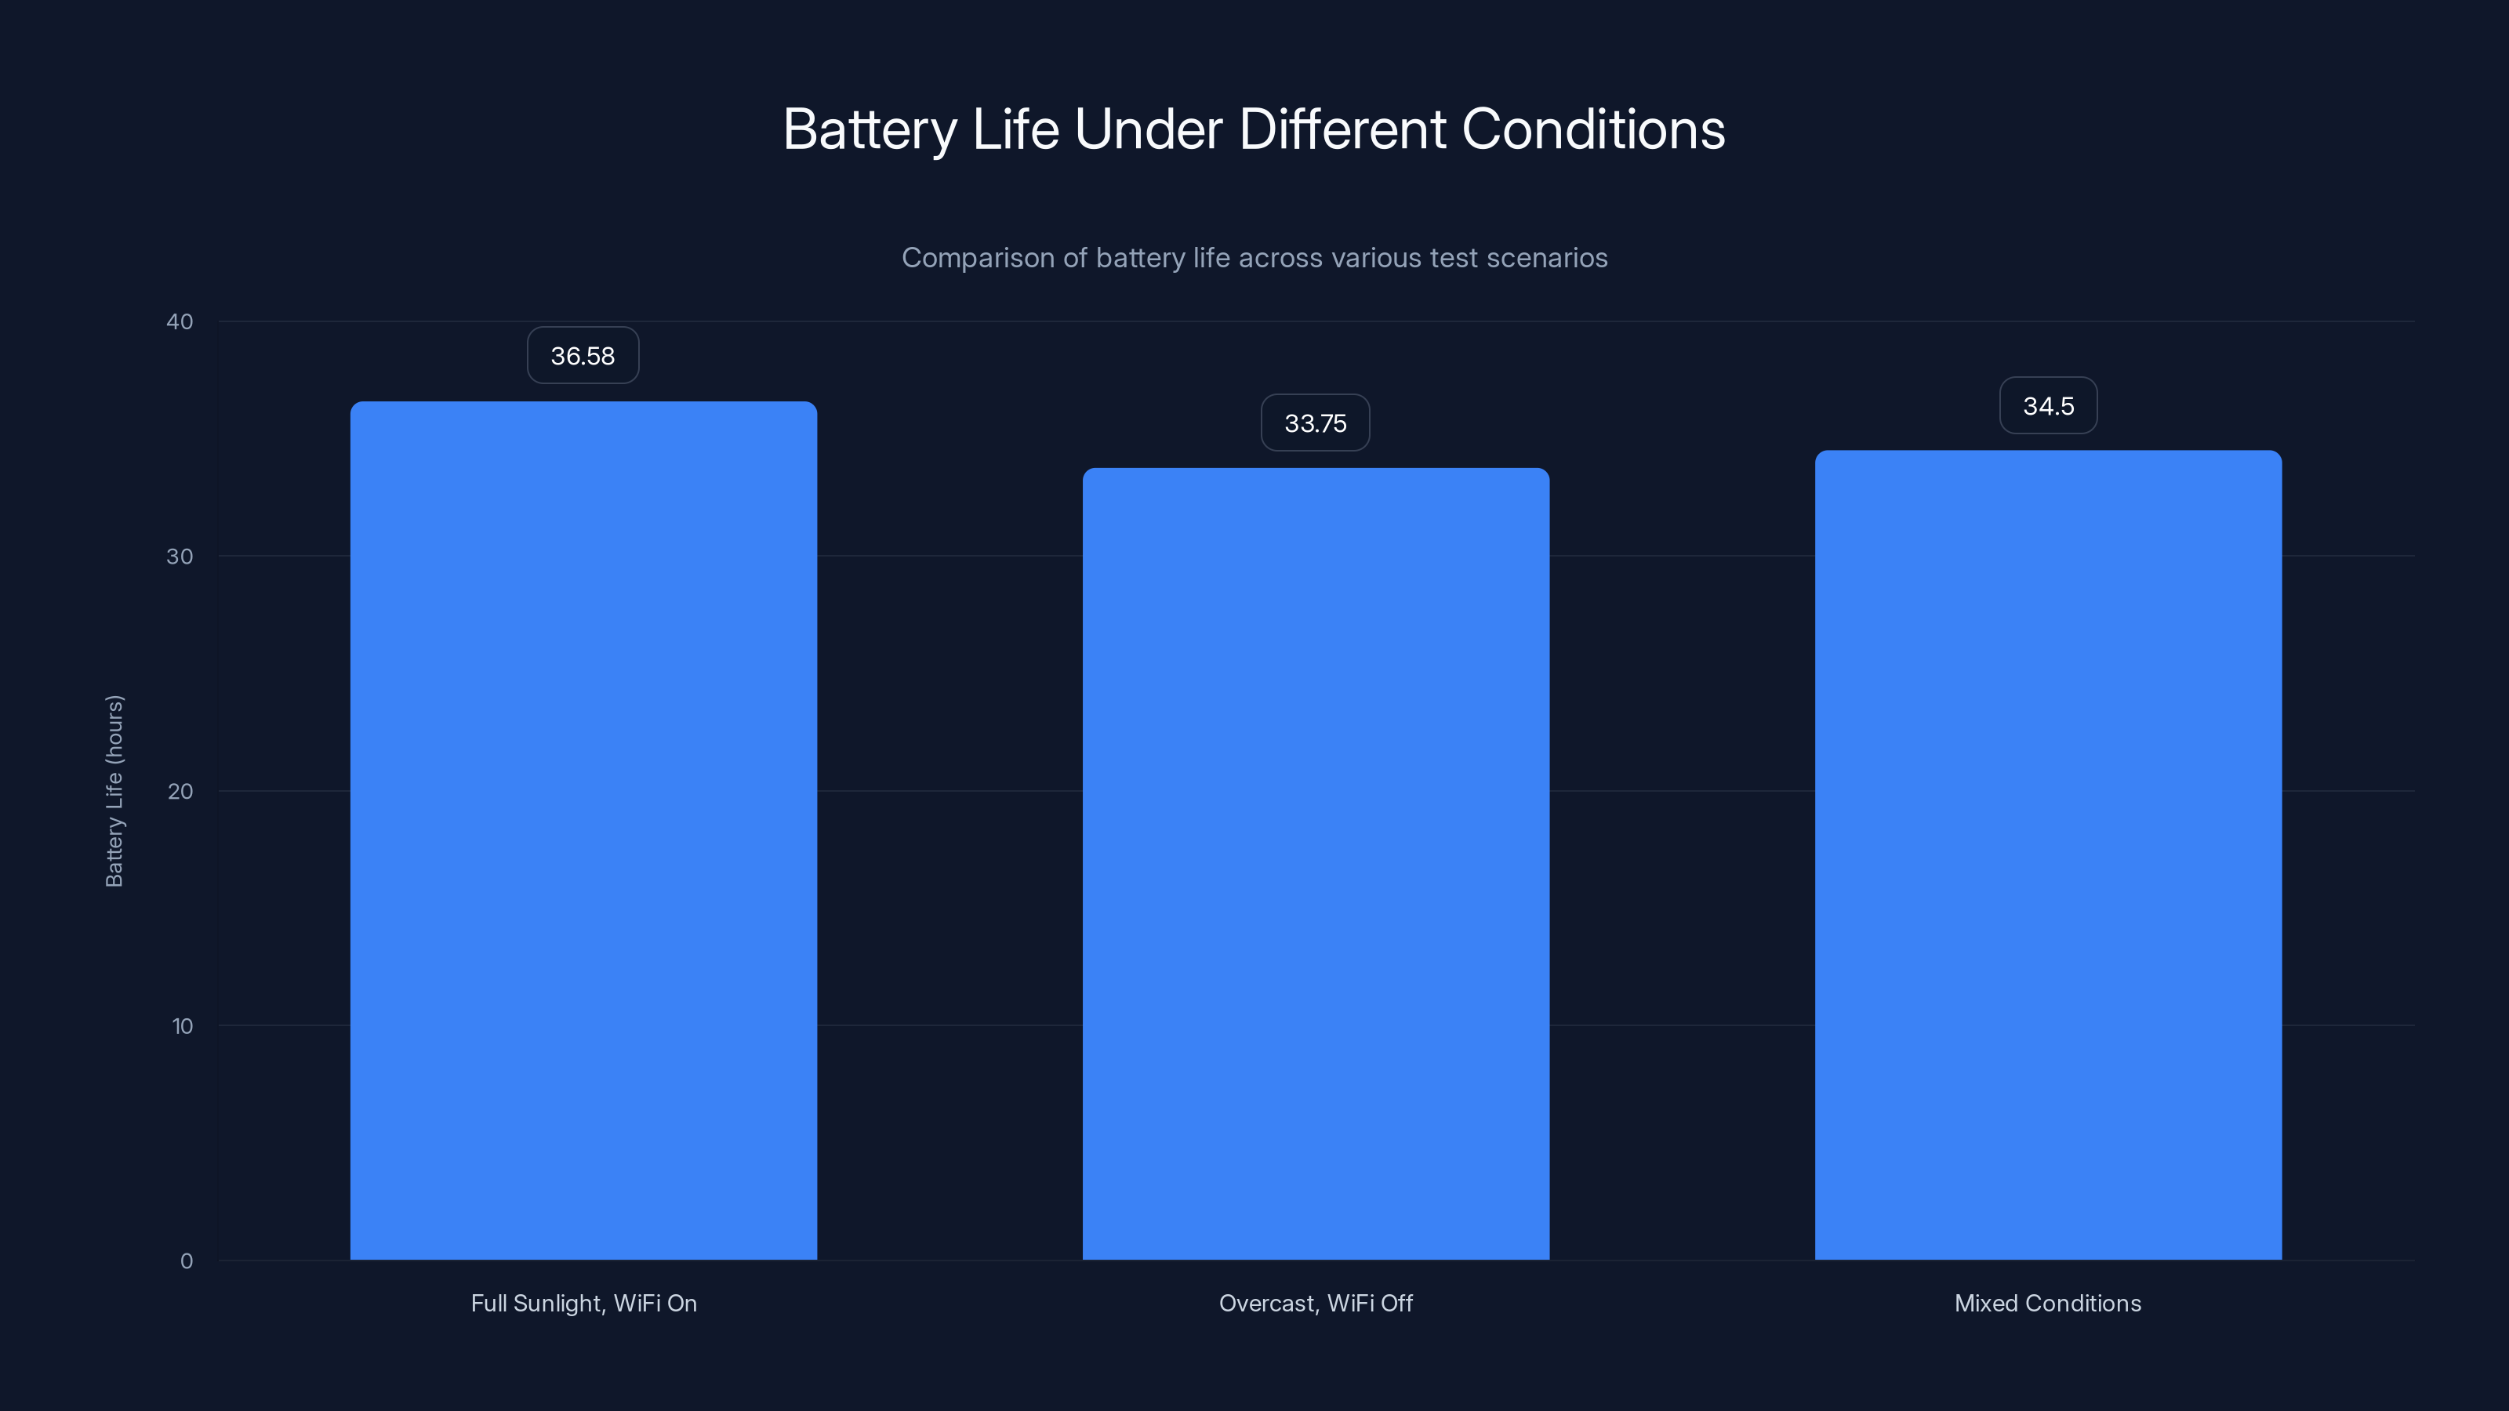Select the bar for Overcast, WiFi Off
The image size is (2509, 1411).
(1315, 863)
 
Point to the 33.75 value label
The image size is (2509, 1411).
(1315, 423)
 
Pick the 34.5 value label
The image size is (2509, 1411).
(2047, 405)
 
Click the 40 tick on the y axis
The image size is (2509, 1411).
(180, 321)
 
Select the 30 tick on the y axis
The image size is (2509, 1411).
(180, 556)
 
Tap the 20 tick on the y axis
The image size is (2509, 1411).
(180, 791)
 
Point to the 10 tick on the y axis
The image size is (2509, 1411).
(182, 1025)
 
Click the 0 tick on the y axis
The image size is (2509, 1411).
(186, 1260)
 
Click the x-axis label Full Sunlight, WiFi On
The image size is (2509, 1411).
(583, 1303)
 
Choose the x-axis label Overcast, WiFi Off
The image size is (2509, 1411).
(1315, 1303)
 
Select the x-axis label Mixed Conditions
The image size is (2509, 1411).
(2047, 1303)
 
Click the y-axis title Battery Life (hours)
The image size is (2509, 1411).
(114, 791)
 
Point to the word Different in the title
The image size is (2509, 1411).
(1342, 129)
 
